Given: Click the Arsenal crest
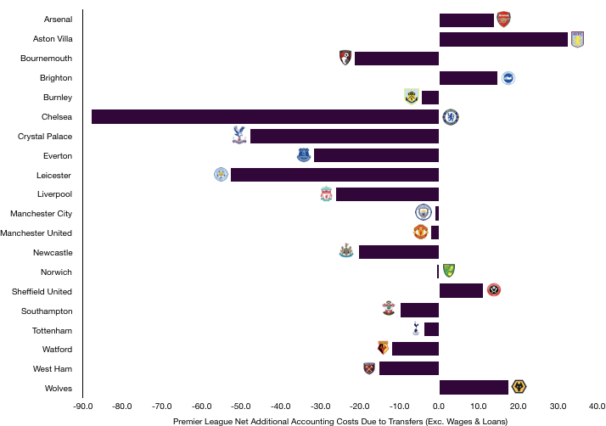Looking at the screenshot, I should pos(503,20).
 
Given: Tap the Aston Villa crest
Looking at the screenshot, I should pos(577,40).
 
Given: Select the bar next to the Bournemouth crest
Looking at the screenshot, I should pos(396,59).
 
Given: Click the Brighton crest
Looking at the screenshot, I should pos(508,78).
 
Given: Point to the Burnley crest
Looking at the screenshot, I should pos(412,97).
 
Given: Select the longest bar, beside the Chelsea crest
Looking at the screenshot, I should pos(265,117).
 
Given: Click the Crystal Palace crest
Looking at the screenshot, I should pos(239,135).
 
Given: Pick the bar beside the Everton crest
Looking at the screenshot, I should pos(376,155).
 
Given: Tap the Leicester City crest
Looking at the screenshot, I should pos(221,174).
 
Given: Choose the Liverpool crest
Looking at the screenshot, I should pos(326,193).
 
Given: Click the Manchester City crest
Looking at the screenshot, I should pos(423,212).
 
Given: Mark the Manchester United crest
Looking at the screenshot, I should pos(420,232).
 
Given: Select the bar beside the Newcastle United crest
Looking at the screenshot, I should pos(398,252).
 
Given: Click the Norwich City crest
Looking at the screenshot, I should pos(448,271).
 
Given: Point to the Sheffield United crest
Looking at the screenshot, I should pos(493,290).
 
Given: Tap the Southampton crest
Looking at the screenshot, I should pos(388,308).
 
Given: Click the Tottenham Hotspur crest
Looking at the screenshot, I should pos(415,328).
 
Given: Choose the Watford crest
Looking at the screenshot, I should pos(383,348).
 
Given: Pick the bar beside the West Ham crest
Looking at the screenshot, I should pos(408,368).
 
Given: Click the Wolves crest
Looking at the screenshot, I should pos(519,387).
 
